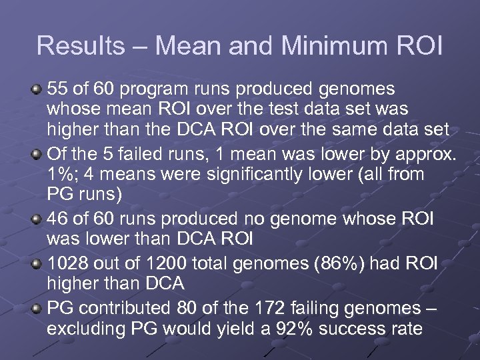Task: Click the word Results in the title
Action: coord(72,45)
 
